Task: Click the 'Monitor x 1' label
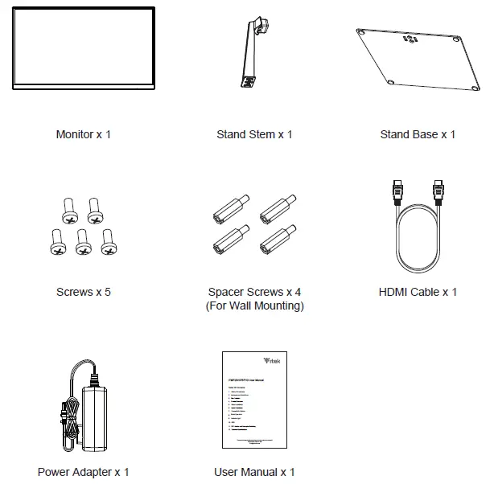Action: tap(84, 134)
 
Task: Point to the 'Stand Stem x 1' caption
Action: tap(254, 134)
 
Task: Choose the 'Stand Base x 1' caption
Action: tap(418, 134)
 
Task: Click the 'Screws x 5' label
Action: tap(84, 292)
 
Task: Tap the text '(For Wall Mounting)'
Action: tap(254, 306)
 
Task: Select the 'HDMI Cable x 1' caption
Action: tap(418, 292)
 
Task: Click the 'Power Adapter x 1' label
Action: tap(84, 472)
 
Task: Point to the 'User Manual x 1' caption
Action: tap(254, 472)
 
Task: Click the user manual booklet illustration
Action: tap(254, 400)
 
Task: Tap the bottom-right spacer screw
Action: tap(276, 239)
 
